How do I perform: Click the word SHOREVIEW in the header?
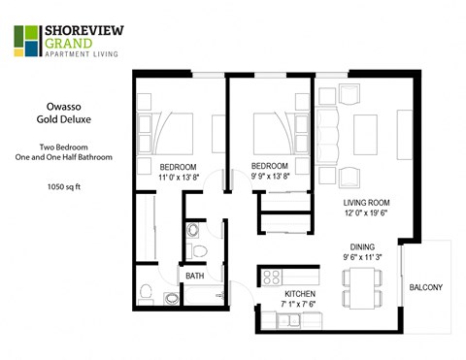tap(81, 31)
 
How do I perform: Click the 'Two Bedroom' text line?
tap(61, 146)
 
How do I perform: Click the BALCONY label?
tap(426, 286)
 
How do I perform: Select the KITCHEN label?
tap(301, 292)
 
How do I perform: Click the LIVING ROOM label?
tap(366, 204)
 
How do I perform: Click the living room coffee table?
tap(365, 128)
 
